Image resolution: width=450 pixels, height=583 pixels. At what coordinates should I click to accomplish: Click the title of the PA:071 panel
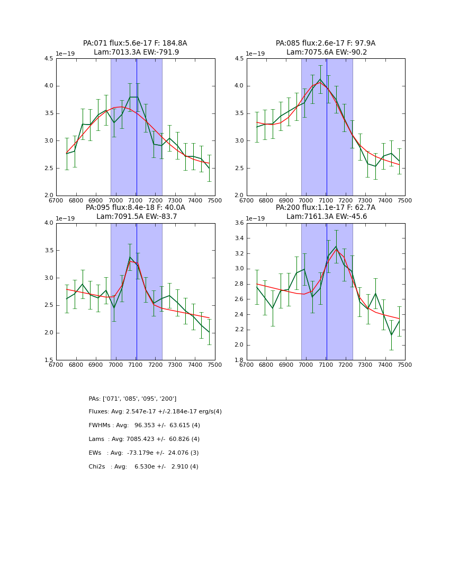click(x=135, y=48)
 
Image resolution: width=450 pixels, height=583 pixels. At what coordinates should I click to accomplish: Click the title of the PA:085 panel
click(x=326, y=48)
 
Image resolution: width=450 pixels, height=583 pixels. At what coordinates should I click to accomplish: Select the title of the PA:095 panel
click(x=135, y=212)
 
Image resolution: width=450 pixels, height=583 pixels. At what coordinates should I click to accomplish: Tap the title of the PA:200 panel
click(x=326, y=212)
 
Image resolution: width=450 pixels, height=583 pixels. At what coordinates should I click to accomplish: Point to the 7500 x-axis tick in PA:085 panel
click(x=405, y=201)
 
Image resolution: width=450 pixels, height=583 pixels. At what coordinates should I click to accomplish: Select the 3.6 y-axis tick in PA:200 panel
click(x=239, y=223)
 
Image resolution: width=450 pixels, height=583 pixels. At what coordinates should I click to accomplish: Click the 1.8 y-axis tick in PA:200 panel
click(x=239, y=360)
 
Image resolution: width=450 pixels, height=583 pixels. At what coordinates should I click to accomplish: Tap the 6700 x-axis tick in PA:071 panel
click(x=56, y=201)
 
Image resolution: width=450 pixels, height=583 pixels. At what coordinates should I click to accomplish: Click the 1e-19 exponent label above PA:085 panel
click(x=256, y=54)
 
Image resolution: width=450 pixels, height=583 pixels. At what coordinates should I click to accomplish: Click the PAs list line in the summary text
click(x=132, y=399)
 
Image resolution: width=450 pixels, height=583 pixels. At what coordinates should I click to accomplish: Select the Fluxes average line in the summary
click(x=155, y=412)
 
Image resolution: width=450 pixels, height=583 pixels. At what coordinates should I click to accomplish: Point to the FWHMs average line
click(x=144, y=426)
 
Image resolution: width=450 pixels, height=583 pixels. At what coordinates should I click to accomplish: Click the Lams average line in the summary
click(x=144, y=439)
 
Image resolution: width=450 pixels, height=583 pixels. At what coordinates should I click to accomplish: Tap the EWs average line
click(x=143, y=453)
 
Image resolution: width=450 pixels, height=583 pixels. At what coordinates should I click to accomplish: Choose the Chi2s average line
click(x=143, y=467)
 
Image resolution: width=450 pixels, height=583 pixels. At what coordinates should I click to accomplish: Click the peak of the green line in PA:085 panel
click(x=320, y=79)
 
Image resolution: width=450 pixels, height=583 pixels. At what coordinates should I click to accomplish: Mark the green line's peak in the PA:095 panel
click(x=130, y=257)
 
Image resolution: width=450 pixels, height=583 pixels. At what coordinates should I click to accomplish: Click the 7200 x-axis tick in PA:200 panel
click(x=346, y=365)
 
